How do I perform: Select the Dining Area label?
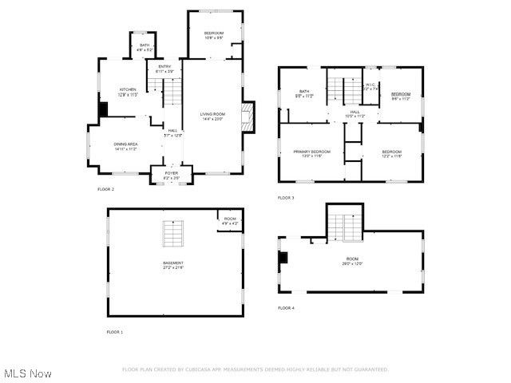tap(125, 146)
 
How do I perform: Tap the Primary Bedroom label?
tap(311, 153)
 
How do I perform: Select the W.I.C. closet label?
tap(370, 86)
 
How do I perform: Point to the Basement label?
tap(173, 265)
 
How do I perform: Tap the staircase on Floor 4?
tap(346, 227)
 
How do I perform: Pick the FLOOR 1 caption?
tap(115, 331)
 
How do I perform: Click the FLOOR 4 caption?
tap(286, 307)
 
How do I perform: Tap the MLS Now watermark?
tap(28, 373)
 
